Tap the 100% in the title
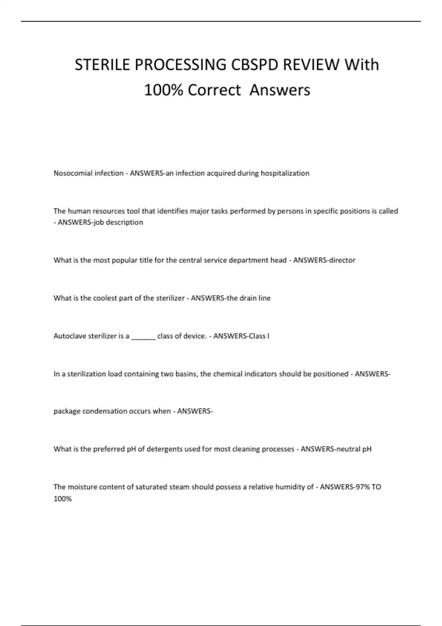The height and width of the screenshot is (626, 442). pos(164,90)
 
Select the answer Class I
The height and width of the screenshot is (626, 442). pos(259,336)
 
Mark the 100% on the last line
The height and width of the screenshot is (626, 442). pos(63,499)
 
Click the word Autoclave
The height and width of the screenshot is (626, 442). pos(70,336)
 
